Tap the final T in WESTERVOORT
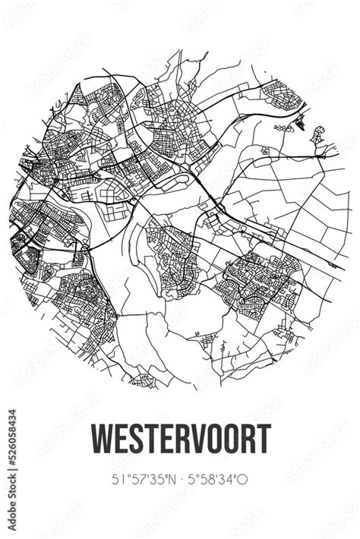pos(263,440)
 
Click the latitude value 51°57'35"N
pos(145,478)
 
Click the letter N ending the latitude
pos(173,478)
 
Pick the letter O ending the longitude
pos(245,478)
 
